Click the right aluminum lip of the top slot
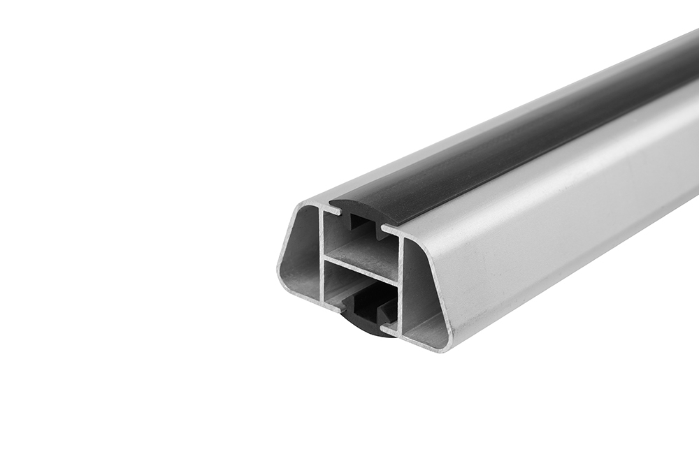click(390, 229)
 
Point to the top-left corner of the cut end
click(302, 205)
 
